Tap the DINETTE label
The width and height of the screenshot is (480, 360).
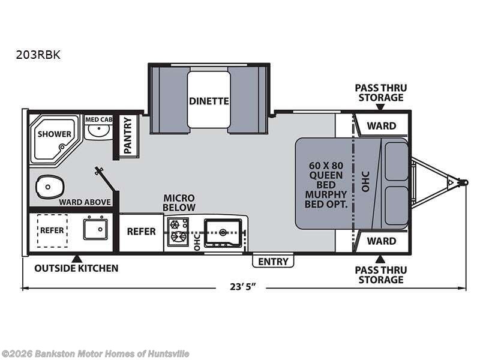tap(209, 101)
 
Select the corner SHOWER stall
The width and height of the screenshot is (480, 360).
tap(54, 137)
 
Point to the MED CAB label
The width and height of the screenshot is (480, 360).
tap(98, 119)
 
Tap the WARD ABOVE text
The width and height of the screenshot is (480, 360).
tap(85, 202)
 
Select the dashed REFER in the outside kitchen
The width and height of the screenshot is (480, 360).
tap(52, 230)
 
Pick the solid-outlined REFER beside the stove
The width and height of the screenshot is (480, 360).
tap(141, 231)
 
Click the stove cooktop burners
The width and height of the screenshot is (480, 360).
tap(178, 231)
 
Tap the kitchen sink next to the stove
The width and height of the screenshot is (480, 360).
tap(223, 232)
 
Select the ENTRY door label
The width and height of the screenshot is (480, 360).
tap(274, 261)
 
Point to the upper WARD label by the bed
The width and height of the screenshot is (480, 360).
tap(382, 125)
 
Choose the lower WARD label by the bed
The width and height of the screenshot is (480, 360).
tap(382, 241)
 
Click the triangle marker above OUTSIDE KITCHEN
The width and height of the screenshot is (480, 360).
tap(76, 258)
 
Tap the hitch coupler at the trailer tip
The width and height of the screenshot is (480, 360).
tap(462, 181)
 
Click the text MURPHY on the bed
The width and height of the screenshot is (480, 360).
tap(326, 194)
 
